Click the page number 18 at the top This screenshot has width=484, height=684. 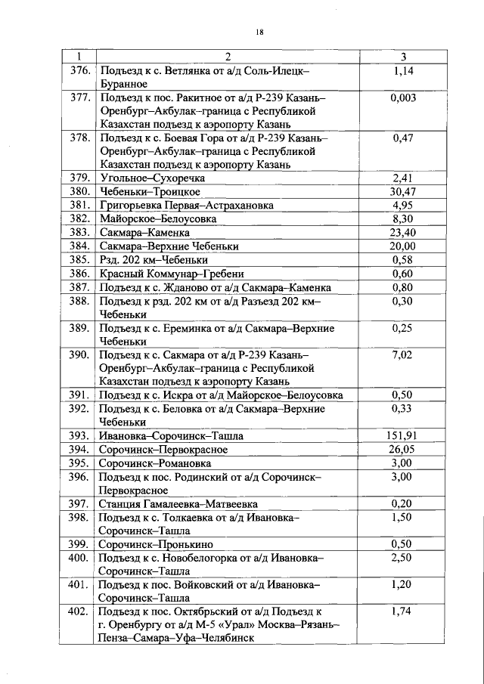pos(259,31)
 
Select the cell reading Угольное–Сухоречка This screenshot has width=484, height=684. pos(152,178)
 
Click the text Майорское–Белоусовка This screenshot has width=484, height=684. pos(157,219)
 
